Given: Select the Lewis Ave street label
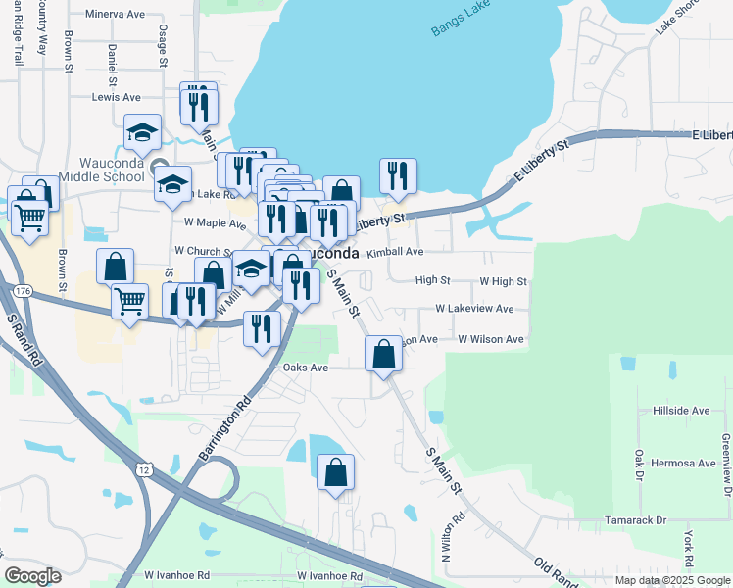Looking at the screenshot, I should click(116, 98).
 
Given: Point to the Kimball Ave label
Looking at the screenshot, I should click(395, 252).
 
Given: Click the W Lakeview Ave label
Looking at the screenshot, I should click(474, 309).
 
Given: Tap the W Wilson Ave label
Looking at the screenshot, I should click(491, 339).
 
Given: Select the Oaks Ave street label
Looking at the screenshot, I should click(305, 367).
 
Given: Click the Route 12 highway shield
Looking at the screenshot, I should click(145, 470).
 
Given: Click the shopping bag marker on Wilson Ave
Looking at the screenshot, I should click(383, 353).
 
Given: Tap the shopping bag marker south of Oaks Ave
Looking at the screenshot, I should click(335, 472).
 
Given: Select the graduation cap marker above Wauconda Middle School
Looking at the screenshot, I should click(143, 133).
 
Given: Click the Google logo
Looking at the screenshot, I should click(32, 576).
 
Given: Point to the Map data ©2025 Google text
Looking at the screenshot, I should click(671, 580).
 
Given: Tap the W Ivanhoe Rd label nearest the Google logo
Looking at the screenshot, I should click(176, 575).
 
